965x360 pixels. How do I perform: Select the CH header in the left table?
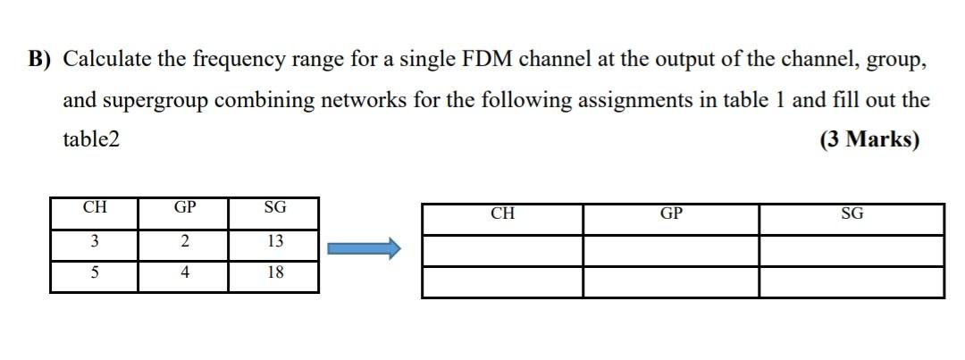pos(94,208)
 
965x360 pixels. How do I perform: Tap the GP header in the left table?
pos(184,208)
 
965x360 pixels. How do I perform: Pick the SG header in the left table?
pos(274,208)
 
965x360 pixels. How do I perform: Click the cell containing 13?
pos(274,241)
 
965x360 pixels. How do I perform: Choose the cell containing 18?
pos(274,273)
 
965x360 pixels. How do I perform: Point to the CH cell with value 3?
pos(94,241)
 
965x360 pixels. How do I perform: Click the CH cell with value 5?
pos(94,273)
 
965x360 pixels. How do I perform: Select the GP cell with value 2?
pos(184,241)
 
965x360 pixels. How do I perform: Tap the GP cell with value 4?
pos(184,273)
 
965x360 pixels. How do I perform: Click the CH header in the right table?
pos(503,214)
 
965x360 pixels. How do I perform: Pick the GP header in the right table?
pos(671,214)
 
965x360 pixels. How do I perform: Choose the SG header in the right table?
pos(852,214)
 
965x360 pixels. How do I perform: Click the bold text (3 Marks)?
pos(868,139)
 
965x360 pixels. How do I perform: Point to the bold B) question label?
pos(39,60)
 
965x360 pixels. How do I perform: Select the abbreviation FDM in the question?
pos(487,60)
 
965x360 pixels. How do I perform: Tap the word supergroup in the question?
pos(165,100)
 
